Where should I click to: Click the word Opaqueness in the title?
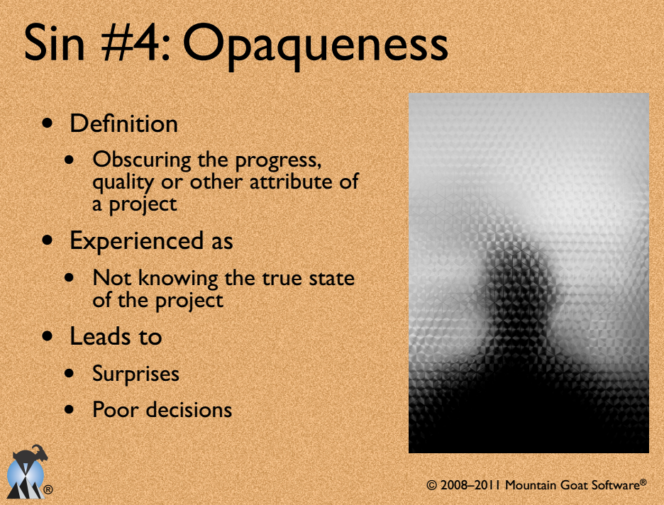point(315,47)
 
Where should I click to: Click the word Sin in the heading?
point(54,43)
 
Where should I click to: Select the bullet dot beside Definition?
point(48,123)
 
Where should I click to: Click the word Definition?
point(123,123)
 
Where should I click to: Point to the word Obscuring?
point(142,161)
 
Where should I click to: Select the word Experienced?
point(136,242)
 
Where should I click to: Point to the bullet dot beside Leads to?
point(48,336)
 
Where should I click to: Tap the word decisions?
point(190,410)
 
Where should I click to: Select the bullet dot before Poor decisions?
point(70,410)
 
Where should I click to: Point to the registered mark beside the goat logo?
point(48,490)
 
